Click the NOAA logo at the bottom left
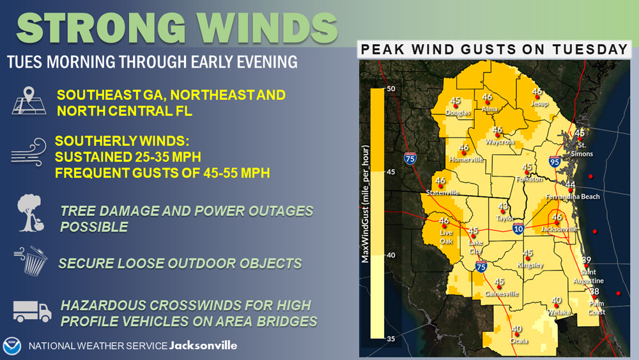coord(12,346)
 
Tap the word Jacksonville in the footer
coord(203,346)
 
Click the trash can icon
coord(31,261)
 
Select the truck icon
coord(32,311)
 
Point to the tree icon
coord(31,213)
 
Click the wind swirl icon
coord(29,152)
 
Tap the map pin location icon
coord(29,100)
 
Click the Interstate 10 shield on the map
coord(518,228)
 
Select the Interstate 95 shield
coord(554,161)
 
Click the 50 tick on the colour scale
coord(391,88)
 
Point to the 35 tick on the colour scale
coord(391,339)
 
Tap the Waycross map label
coord(499,142)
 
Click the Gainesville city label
coord(501,293)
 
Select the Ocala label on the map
coord(519,341)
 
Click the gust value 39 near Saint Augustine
coord(586,260)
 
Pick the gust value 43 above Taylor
coord(503,207)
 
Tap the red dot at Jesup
coord(537,97)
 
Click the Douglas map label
coord(458,113)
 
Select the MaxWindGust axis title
coord(365,204)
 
